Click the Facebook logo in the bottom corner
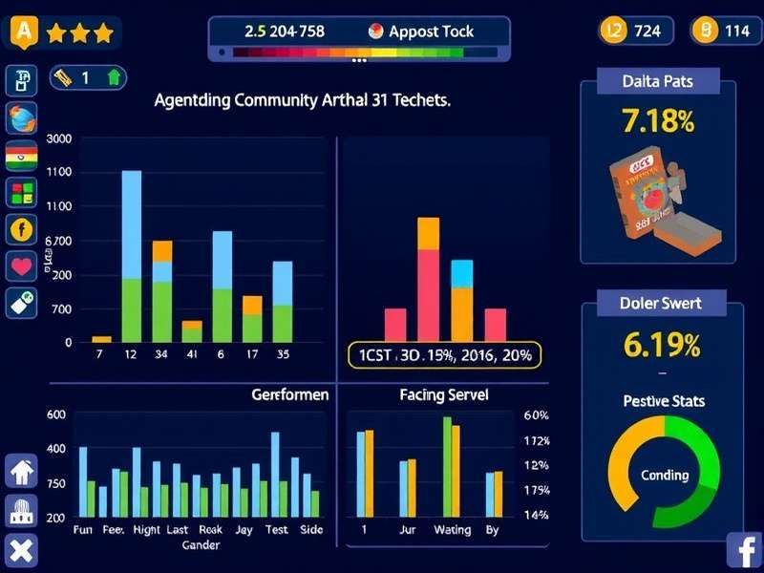(x=743, y=551)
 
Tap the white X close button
(x=21, y=551)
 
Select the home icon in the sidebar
(x=21, y=472)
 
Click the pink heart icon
(x=21, y=265)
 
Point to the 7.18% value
(x=657, y=121)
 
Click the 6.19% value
(x=661, y=344)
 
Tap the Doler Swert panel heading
(x=661, y=304)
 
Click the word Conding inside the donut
(x=664, y=475)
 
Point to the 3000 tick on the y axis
(x=58, y=139)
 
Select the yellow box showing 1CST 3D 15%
(x=444, y=355)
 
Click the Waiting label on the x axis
(x=452, y=530)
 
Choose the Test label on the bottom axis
(x=276, y=530)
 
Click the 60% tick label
(x=536, y=415)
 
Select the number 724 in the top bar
(x=647, y=32)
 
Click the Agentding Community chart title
(x=302, y=99)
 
